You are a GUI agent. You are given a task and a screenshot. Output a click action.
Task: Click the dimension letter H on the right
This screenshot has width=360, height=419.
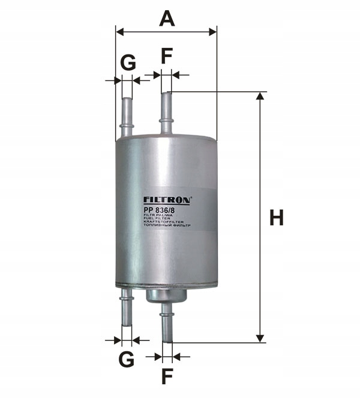[276, 218]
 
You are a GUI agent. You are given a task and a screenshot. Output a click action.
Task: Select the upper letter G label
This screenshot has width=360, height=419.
[127, 62]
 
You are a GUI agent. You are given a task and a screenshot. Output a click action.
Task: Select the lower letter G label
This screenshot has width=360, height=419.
[125, 360]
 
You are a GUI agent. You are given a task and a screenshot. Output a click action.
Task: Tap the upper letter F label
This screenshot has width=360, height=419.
[166, 56]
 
